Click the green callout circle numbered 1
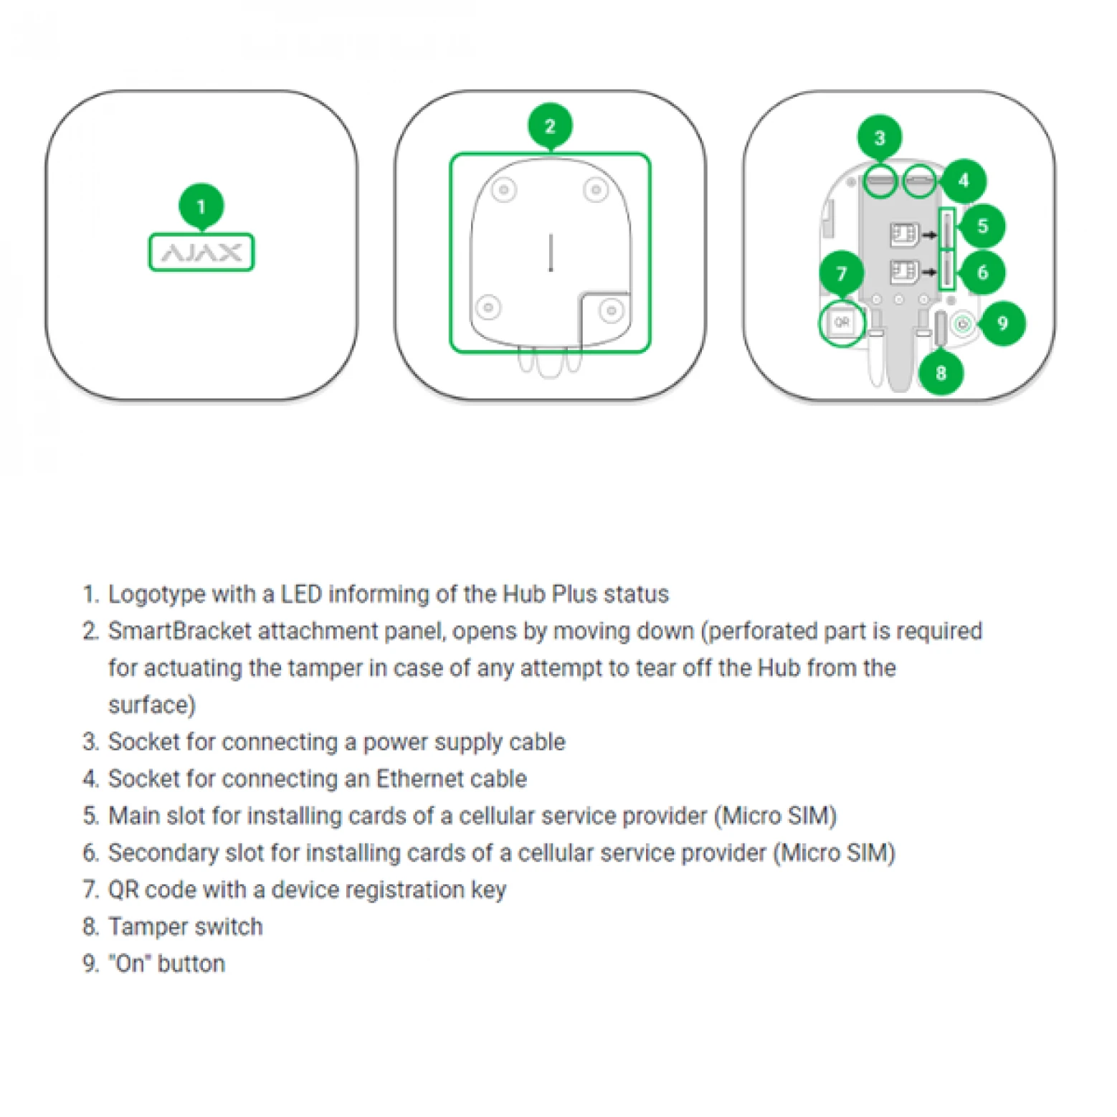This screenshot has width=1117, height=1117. click(x=201, y=206)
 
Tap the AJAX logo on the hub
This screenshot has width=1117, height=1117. click(x=201, y=252)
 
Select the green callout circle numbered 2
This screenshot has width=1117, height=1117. click(x=550, y=126)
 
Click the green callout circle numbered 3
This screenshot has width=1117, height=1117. click(x=880, y=138)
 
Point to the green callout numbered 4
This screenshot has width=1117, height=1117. click(x=964, y=181)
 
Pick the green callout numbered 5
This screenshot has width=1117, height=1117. click(x=982, y=227)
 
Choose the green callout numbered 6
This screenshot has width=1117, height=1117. click(x=982, y=272)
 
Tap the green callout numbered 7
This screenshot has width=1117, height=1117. click(x=842, y=273)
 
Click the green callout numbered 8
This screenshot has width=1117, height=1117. click(x=941, y=373)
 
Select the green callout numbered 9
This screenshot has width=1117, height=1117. click(x=1002, y=323)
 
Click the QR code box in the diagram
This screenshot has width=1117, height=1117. click(x=842, y=323)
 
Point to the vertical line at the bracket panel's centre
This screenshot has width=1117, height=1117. click(x=551, y=252)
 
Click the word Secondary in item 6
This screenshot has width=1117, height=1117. click(x=163, y=852)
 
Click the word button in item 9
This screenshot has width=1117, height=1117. click(x=191, y=964)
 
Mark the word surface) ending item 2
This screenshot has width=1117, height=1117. click(x=152, y=705)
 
